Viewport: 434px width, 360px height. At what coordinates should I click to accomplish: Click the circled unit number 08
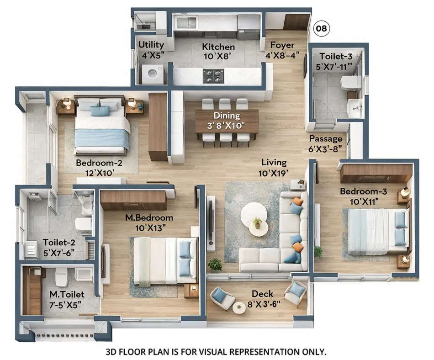pyautogui.click(x=322, y=29)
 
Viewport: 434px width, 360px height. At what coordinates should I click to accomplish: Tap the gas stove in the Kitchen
pyautogui.click(x=213, y=76)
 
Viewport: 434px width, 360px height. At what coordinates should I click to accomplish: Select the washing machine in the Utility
pyautogui.click(x=153, y=74)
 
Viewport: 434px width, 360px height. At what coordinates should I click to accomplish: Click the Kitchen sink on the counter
pyautogui.click(x=187, y=22)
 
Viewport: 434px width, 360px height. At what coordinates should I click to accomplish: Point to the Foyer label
pyautogui.click(x=282, y=45)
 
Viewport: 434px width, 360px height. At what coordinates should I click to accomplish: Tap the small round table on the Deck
pyautogui.click(x=239, y=308)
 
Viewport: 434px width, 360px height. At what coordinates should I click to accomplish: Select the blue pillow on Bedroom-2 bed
pyautogui.click(x=100, y=111)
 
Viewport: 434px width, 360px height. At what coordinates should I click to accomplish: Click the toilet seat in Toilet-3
pyautogui.click(x=350, y=82)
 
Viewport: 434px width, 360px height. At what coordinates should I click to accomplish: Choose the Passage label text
pyautogui.click(x=325, y=138)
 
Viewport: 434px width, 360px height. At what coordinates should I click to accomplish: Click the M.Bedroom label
pyautogui.click(x=149, y=217)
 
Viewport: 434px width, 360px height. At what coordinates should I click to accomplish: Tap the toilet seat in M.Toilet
pyautogui.click(x=62, y=276)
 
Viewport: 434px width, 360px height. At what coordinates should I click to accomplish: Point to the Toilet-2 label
pyautogui.click(x=58, y=242)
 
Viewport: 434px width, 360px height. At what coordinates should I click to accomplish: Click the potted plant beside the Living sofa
pyautogui.click(x=215, y=264)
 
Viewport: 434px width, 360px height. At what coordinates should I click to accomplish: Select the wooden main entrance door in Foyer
pyautogui.click(x=296, y=21)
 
